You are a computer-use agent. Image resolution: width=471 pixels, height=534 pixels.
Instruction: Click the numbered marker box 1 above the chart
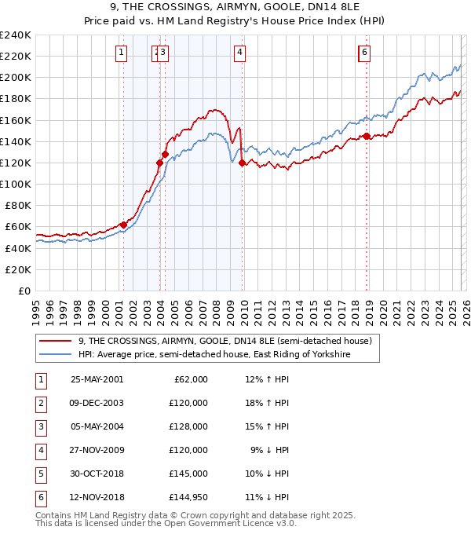click(x=122, y=53)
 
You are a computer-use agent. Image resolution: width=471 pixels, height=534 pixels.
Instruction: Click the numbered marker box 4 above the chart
click(x=239, y=53)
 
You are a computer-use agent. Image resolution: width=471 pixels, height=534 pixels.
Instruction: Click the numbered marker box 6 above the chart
click(x=365, y=53)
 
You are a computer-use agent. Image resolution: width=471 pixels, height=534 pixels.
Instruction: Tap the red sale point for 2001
click(x=123, y=225)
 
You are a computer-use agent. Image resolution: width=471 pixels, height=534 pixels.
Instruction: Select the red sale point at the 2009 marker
click(x=242, y=163)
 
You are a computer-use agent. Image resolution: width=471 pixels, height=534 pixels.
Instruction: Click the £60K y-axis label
click(x=19, y=227)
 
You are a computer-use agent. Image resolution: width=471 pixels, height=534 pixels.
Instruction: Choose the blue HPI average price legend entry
click(x=213, y=355)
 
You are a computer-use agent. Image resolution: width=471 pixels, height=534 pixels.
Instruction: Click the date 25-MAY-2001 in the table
click(x=97, y=379)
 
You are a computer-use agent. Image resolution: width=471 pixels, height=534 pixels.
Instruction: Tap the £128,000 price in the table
click(x=189, y=426)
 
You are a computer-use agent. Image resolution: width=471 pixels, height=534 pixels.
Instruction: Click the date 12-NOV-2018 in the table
click(x=97, y=497)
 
